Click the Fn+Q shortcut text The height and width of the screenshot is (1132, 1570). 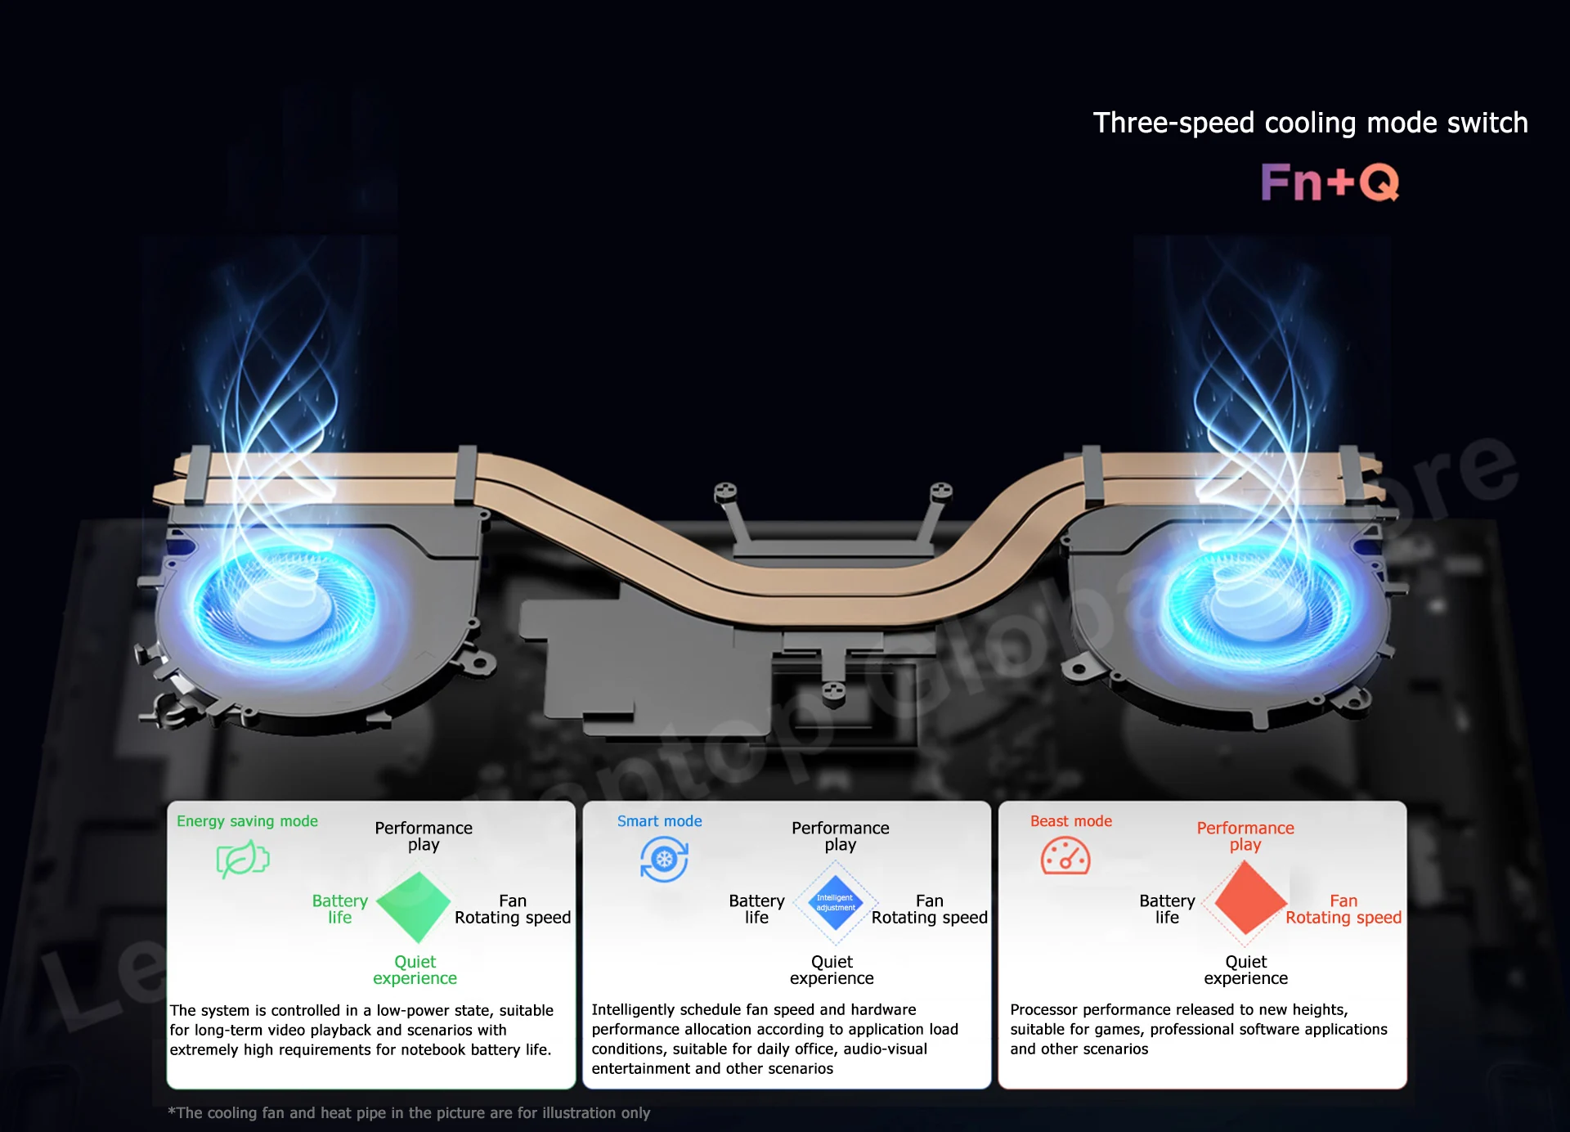pyautogui.click(x=1329, y=182)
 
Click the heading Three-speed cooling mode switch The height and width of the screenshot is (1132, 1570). pyautogui.click(x=1310, y=123)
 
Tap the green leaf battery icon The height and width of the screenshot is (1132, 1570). pyautogui.click(x=242, y=859)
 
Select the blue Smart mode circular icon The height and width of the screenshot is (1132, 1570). pyautogui.click(x=664, y=860)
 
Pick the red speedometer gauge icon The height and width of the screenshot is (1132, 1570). pyautogui.click(x=1065, y=856)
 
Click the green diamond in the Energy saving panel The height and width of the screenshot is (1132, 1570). pyautogui.click(x=414, y=906)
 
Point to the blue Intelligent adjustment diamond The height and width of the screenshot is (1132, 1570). pyautogui.click(x=836, y=903)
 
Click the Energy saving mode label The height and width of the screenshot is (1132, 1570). pyautogui.click(x=247, y=821)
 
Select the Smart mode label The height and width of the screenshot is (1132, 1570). pyautogui.click(x=659, y=821)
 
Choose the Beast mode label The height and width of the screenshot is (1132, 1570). pyautogui.click(x=1070, y=821)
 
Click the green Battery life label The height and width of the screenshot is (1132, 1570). pyautogui.click(x=339, y=909)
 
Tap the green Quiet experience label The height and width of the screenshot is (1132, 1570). pyautogui.click(x=415, y=970)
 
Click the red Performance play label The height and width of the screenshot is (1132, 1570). pyautogui.click(x=1245, y=836)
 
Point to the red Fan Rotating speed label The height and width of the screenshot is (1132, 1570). pyautogui.click(x=1343, y=909)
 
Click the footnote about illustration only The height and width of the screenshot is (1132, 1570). pyautogui.click(x=409, y=1112)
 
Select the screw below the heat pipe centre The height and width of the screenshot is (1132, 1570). pyautogui.click(x=833, y=691)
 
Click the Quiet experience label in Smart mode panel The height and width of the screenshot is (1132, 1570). pyautogui.click(x=832, y=970)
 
